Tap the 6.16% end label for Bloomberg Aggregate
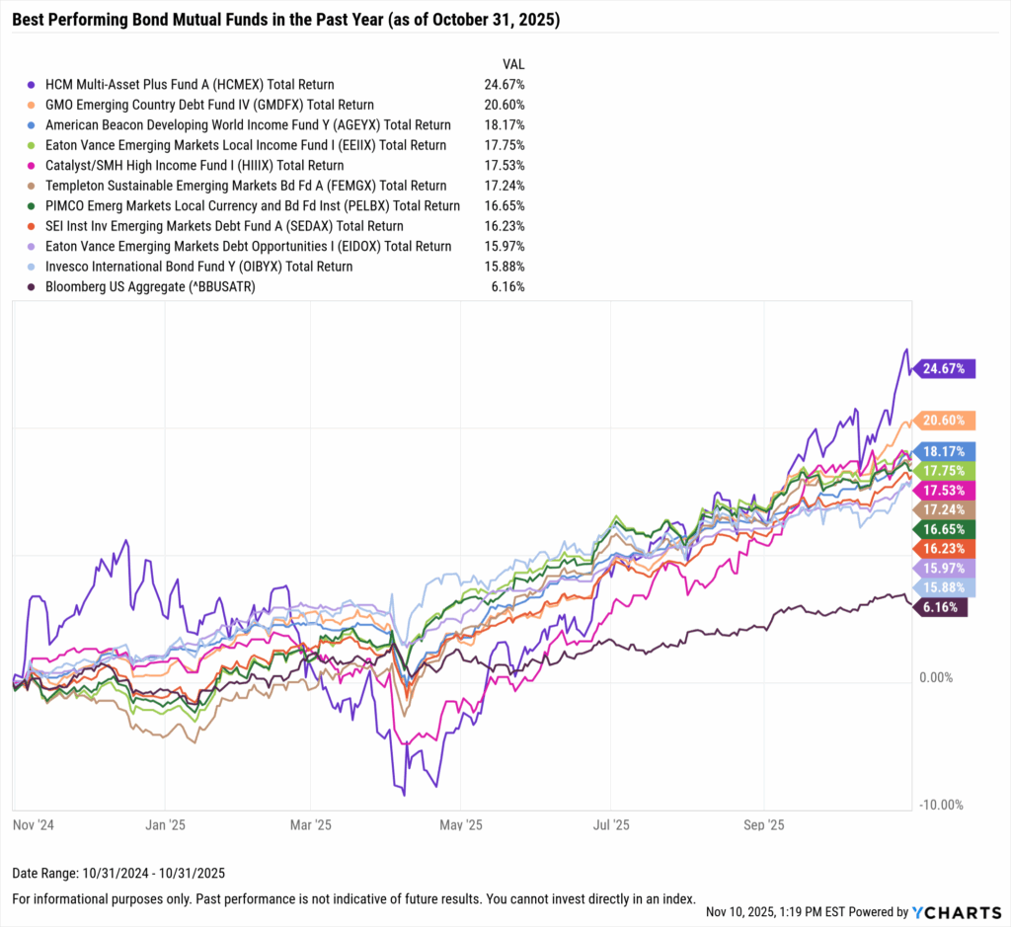click(x=943, y=607)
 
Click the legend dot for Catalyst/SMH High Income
click(x=34, y=166)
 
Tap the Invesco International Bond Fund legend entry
click(x=198, y=267)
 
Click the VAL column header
click(x=513, y=64)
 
